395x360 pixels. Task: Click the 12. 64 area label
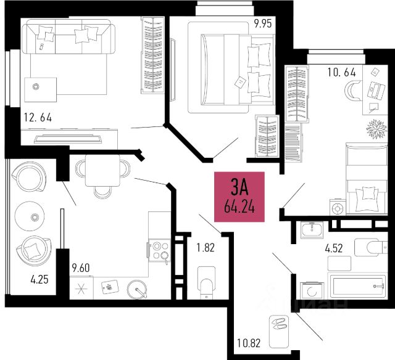[x=38, y=118]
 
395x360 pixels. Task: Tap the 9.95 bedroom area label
[x=263, y=23]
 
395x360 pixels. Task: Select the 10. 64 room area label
[x=341, y=72]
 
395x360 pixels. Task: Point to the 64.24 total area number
[x=239, y=208]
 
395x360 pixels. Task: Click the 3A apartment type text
[x=239, y=187]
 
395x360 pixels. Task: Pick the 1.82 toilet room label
[x=206, y=248]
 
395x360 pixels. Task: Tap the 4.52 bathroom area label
[x=334, y=248]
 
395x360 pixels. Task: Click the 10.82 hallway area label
[x=249, y=343]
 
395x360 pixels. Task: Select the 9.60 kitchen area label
[x=81, y=268]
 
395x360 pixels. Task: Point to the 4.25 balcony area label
[x=39, y=279]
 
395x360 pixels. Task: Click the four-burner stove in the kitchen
[x=160, y=250]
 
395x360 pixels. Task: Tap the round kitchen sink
[x=137, y=290]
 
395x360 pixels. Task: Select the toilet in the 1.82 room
[x=207, y=283]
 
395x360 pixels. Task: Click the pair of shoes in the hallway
[x=279, y=324]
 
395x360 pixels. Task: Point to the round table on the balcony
[x=30, y=216]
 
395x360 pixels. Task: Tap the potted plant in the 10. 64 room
[x=376, y=129]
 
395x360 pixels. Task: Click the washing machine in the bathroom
[x=312, y=290]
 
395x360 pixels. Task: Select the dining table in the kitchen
[x=102, y=171]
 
